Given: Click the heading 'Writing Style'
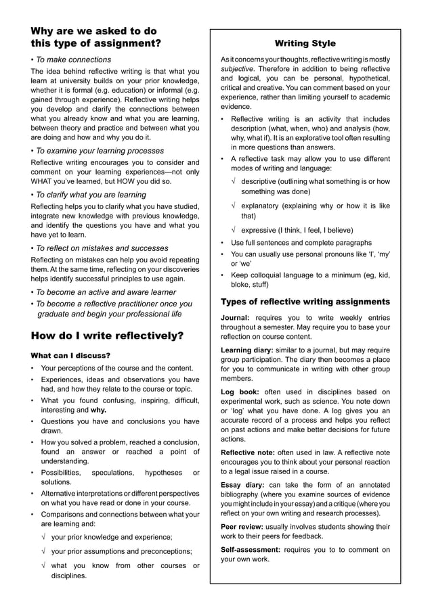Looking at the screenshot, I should pyautogui.click(x=305, y=43).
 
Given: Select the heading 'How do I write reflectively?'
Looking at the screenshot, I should pyautogui.click(x=108, y=335).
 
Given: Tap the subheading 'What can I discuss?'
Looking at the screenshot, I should pyautogui.click(x=70, y=355).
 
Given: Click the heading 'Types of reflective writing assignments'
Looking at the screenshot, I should pyautogui.click(x=305, y=302).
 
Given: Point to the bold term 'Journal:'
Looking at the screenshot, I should pyautogui.click(x=235, y=317).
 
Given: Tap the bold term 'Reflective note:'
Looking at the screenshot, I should pyautogui.click(x=249, y=452).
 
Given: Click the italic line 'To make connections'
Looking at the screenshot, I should pyautogui.click(x=73, y=60).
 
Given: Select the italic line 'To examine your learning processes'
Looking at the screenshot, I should pyautogui.click(x=100, y=151).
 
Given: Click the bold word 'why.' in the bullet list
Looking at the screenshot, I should pyautogui.click(x=99, y=410).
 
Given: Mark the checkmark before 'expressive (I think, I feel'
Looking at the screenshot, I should pyautogui.click(x=234, y=230).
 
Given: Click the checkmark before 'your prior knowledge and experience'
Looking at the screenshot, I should pyautogui.click(x=44, y=537).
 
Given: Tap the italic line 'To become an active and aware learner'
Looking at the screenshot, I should pyautogui.click(x=105, y=292).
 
